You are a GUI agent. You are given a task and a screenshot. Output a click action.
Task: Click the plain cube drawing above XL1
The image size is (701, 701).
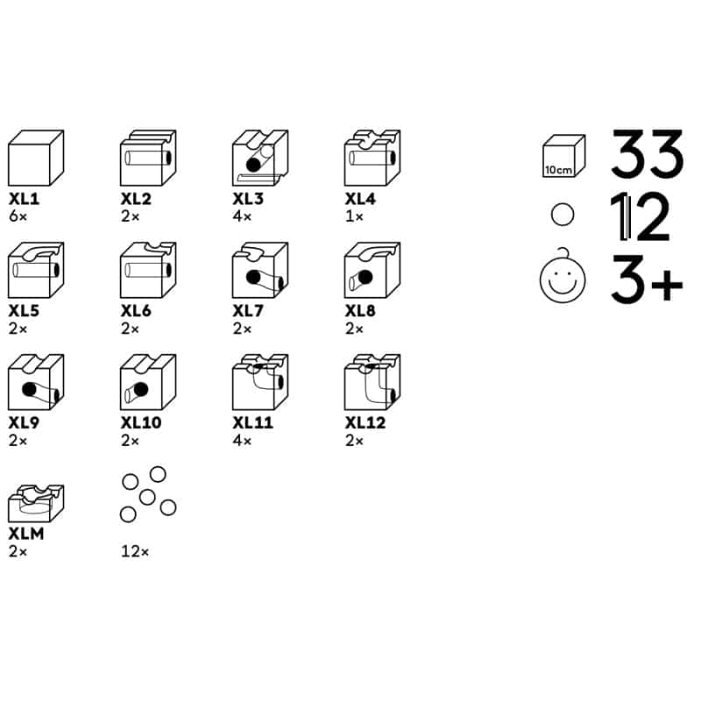(x=36, y=158)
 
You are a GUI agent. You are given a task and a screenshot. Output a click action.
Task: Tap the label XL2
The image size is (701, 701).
(x=136, y=199)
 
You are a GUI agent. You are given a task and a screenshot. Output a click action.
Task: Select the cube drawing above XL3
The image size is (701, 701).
(x=260, y=158)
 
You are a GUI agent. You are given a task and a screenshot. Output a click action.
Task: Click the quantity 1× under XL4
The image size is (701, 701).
(x=354, y=216)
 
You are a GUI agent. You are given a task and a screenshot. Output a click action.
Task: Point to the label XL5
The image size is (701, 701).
(x=24, y=311)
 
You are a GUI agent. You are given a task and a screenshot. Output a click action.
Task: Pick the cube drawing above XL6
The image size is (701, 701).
(x=148, y=270)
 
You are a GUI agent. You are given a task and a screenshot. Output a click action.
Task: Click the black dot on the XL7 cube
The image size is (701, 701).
(x=253, y=277)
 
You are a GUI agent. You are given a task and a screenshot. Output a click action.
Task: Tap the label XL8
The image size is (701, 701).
(x=360, y=311)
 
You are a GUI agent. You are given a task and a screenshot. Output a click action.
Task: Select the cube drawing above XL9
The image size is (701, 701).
(x=36, y=382)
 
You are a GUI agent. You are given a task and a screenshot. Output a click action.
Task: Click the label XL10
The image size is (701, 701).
(x=141, y=422)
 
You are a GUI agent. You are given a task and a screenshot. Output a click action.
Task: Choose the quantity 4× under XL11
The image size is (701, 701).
(x=242, y=441)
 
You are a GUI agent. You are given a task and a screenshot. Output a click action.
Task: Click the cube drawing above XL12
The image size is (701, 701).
(x=372, y=382)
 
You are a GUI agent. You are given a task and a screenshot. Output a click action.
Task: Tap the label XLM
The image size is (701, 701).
(x=26, y=534)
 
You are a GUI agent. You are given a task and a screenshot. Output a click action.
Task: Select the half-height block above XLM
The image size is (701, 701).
(x=36, y=503)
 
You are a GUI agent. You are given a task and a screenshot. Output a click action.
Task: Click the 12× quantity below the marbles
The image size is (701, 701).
(x=135, y=552)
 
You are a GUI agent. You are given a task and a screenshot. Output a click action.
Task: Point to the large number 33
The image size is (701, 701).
(x=647, y=153)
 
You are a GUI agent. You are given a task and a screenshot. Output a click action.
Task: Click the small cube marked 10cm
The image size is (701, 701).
(x=563, y=156)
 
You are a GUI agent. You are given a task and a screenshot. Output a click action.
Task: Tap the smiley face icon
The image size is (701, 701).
(x=563, y=276)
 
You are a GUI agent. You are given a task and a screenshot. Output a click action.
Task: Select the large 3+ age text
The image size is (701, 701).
(x=647, y=280)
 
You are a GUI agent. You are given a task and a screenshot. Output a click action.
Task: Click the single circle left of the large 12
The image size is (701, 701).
(x=563, y=215)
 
